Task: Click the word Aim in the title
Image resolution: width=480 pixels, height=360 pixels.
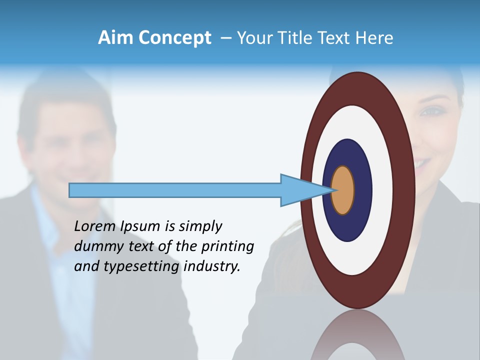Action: point(115,38)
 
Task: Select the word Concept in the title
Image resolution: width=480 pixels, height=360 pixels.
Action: point(174,38)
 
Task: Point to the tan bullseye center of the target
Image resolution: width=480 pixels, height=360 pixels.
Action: point(343,190)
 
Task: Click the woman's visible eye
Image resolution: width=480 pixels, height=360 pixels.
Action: point(427,111)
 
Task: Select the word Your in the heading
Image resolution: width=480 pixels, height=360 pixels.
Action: point(252,38)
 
